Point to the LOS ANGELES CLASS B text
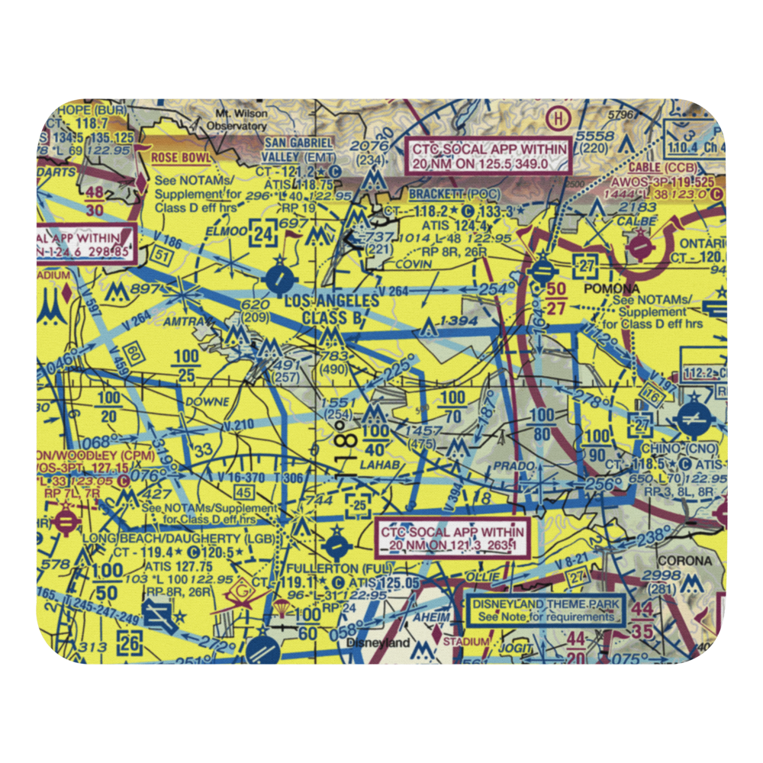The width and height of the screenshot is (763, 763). tap(330, 309)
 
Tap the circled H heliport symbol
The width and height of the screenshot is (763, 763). tap(559, 118)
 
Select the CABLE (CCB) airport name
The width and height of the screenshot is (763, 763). tap(665, 168)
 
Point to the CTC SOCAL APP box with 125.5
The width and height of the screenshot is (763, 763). tap(489, 156)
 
